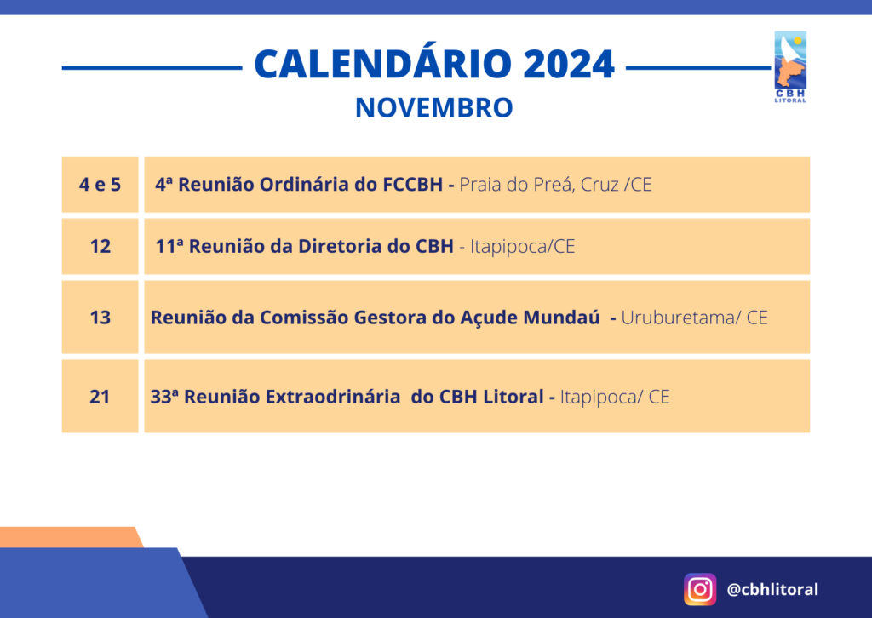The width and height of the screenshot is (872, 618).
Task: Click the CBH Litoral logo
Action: pos(790,66)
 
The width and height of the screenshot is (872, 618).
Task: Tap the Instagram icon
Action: pos(700,589)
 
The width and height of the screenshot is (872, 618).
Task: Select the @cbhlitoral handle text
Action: pos(772,589)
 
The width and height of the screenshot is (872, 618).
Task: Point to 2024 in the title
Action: pos(568,64)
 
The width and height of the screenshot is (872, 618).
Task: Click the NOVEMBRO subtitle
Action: pos(433,108)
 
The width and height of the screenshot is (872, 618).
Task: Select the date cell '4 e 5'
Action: pos(100,185)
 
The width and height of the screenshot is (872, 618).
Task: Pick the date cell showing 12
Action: pos(100,246)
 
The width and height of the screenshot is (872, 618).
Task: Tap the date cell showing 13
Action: pos(100,318)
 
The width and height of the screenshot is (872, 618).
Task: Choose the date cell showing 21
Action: pos(100,397)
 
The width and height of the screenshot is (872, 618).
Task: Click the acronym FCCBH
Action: pos(413,185)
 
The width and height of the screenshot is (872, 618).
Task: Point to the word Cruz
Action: pos(599,185)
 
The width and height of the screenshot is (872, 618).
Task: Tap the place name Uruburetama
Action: pos(677,318)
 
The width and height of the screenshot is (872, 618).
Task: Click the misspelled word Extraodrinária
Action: pos(333,397)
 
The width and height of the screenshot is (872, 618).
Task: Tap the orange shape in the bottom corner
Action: pos(71,537)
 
